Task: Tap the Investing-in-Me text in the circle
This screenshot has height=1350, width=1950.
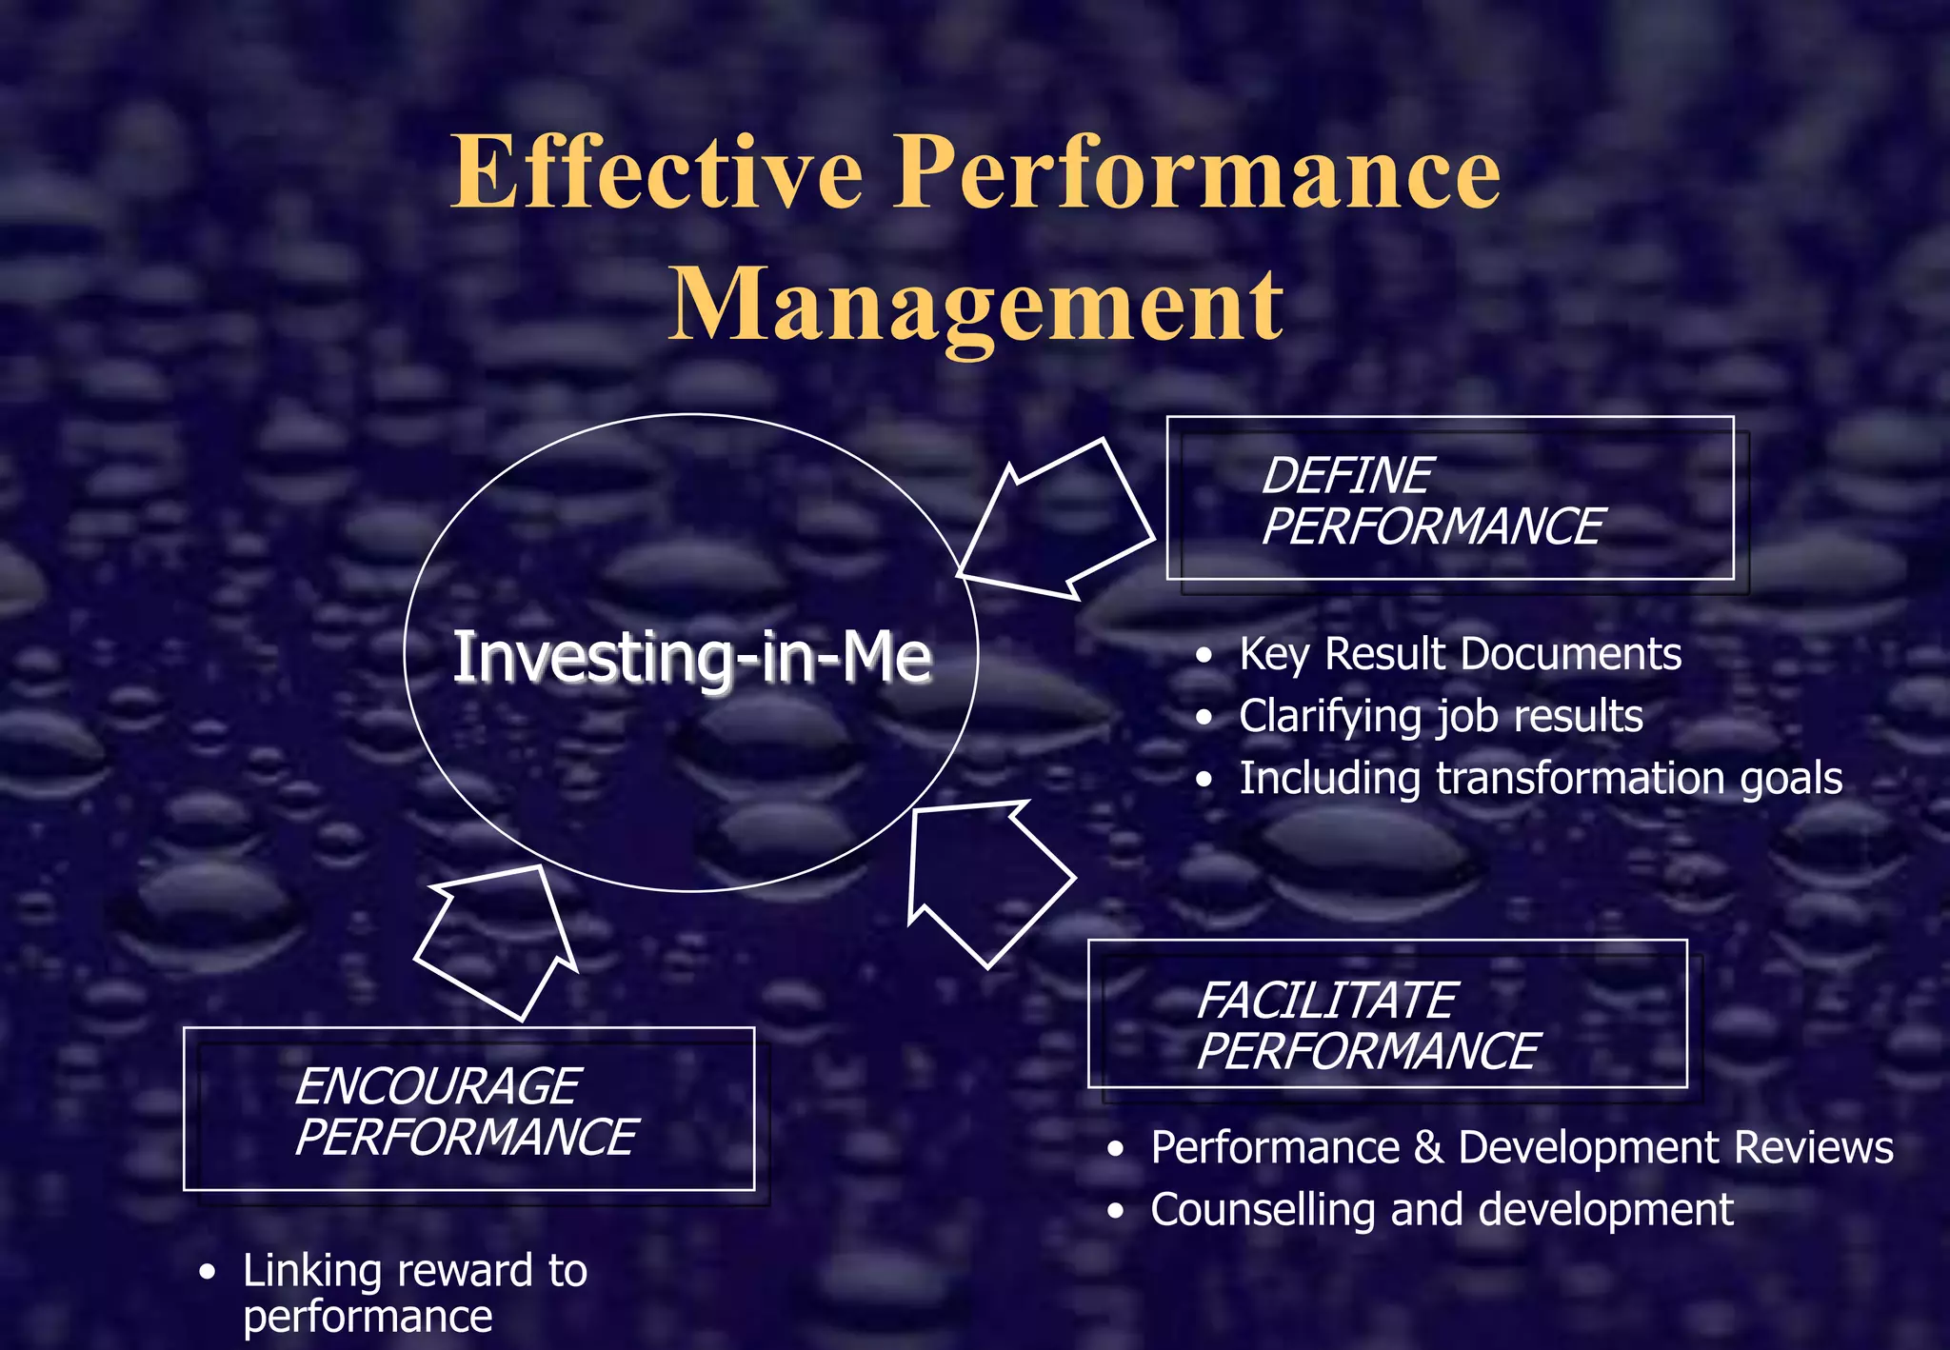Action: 691,657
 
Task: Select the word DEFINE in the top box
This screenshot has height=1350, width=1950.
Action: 1345,475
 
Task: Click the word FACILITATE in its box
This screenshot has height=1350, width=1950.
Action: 1325,1000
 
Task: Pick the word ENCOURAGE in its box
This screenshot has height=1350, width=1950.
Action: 436,1086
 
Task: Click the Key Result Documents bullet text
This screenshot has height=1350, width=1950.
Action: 1460,655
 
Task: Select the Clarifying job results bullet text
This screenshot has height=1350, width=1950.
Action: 1441,716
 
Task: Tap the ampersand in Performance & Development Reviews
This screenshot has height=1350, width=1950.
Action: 1428,1147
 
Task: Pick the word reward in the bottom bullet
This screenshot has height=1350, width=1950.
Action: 466,1271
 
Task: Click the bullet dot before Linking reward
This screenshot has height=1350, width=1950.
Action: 208,1273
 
